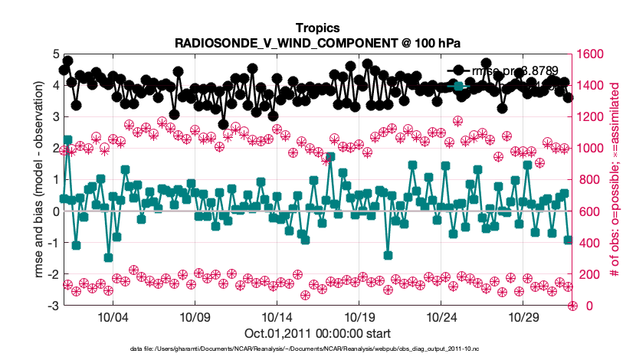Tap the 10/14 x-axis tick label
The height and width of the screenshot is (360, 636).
(277, 317)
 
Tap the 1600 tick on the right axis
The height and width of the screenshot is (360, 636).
(592, 54)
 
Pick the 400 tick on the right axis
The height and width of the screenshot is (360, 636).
(588, 243)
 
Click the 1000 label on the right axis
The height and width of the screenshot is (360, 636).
(592, 149)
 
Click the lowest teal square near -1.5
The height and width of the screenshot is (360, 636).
(109, 258)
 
